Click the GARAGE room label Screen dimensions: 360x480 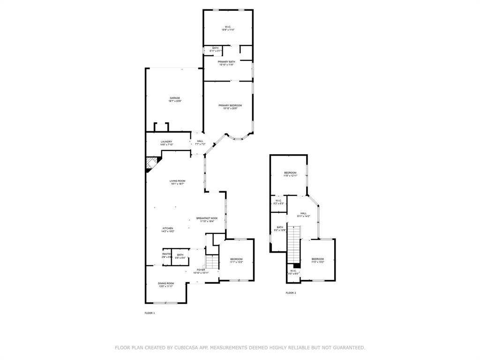point(175,99)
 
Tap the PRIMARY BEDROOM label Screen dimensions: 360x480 point(230,107)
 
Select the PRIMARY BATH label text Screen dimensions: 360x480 point(226,63)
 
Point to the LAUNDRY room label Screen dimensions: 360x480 point(166,143)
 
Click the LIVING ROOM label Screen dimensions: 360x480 point(178,182)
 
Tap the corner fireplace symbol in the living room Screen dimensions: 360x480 point(151,164)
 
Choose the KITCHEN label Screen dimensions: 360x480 point(168,230)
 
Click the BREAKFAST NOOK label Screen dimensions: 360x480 point(207,220)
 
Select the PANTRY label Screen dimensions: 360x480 point(166,255)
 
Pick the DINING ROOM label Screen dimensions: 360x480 point(165,285)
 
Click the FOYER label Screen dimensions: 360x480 point(201,271)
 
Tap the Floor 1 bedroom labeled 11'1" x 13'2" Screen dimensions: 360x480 point(236,261)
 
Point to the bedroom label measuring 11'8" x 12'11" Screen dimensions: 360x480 point(290,174)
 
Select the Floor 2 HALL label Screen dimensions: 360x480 point(303,215)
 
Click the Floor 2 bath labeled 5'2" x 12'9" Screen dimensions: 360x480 point(280,229)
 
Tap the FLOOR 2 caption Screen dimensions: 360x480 point(291,293)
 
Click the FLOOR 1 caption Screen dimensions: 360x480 point(150,313)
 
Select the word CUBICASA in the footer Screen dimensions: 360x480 point(185,348)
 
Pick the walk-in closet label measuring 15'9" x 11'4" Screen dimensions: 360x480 point(228,28)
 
